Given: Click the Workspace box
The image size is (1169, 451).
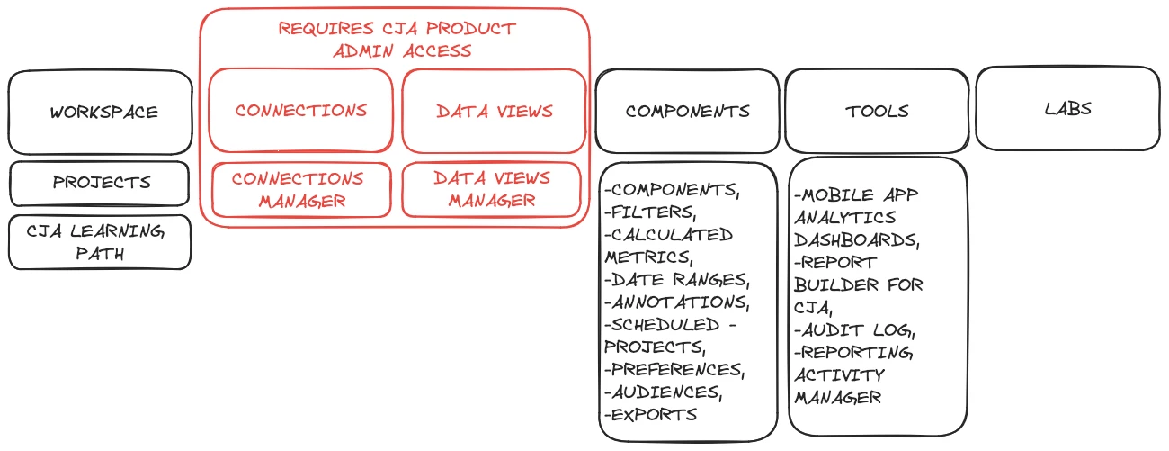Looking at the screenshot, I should pyautogui.click(x=101, y=113).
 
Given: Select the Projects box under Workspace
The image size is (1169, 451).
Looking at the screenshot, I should pyautogui.click(x=101, y=183).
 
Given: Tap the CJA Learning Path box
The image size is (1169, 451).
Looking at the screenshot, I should pyautogui.click(x=101, y=241).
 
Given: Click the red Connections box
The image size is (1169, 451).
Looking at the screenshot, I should pyautogui.click(x=301, y=111).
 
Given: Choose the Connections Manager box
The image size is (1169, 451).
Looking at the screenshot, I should pyautogui.click(x=301, y=190).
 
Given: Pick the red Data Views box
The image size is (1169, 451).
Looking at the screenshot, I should pyautogui.click(x=494, y=112).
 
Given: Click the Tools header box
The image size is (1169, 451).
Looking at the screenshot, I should pyautogui.click(x=877, y=112).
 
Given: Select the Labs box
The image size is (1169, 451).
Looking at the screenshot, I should pyautogui.click(x=1067, y=108).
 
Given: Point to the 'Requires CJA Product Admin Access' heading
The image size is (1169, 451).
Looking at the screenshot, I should pyautogui.click(x=397, y=40).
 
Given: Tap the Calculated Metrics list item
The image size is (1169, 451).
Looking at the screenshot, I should pyautogui.click(x=669, y=246).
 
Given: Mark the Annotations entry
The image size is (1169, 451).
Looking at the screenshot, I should pyautogui.click(x=678, y=302).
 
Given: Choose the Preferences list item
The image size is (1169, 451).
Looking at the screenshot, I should pyautogui.click(x=675, y=370).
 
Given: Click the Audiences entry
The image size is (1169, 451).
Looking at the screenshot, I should pyautogui.click(x=665, y=392).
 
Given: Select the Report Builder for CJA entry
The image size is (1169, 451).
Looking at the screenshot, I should pyautogui.click(x=858, y=284).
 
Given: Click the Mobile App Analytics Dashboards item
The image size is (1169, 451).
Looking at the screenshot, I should pyautogui.click(x=858, y=217).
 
